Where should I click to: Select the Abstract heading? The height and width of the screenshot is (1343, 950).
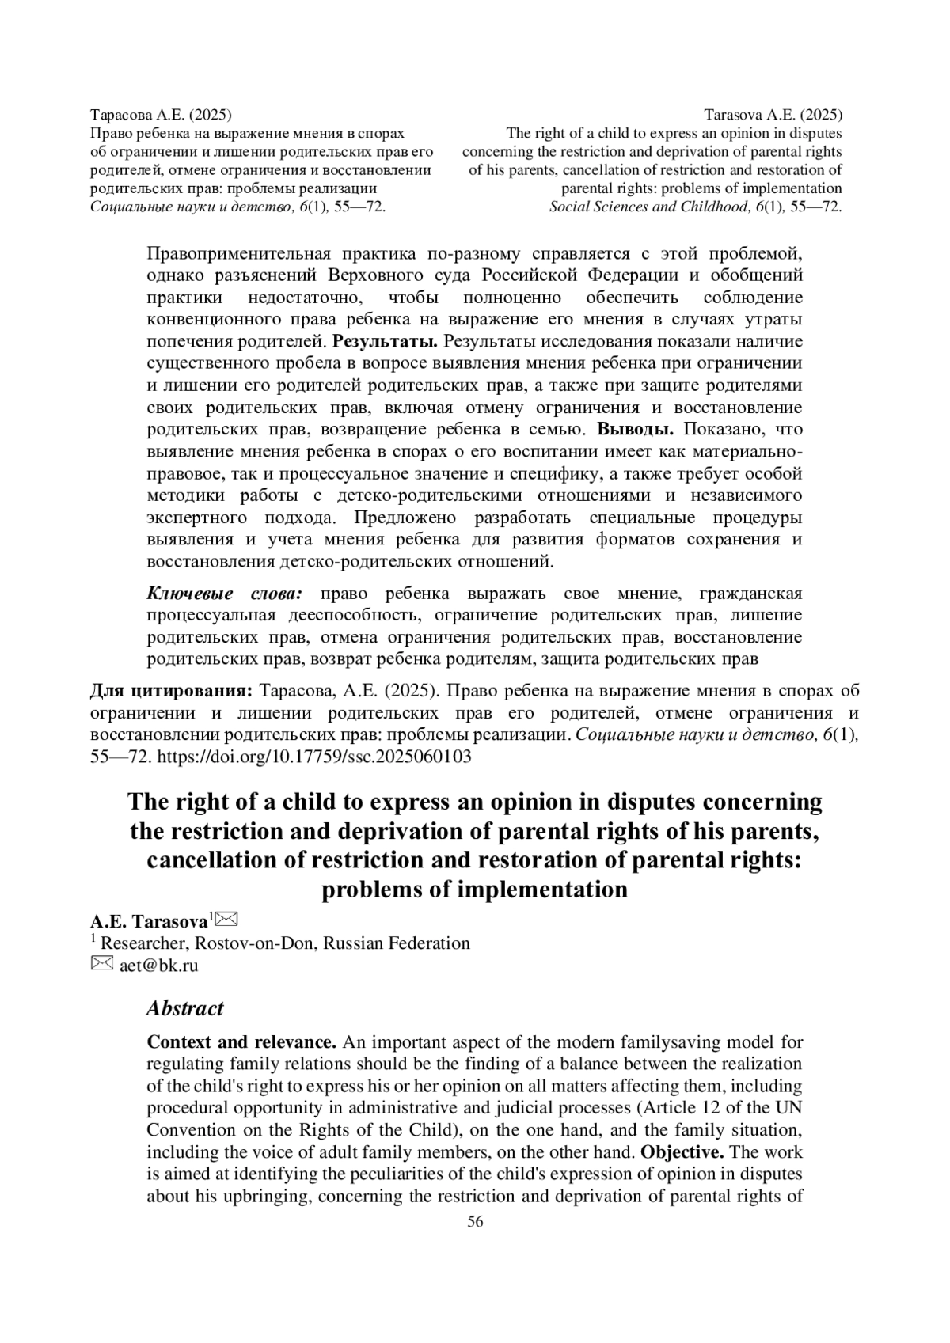point(185,1008)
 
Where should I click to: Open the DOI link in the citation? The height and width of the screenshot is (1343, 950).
point(315,756)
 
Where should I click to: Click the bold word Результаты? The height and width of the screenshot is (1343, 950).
point(386,342)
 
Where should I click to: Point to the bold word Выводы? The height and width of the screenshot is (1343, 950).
point(635,430)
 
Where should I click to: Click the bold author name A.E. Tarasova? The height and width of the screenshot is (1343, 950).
point(149,922)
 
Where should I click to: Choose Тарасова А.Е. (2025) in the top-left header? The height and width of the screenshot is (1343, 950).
point(161,116)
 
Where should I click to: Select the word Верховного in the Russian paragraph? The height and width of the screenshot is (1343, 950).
point(364,275)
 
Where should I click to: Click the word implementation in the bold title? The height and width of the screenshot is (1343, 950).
point(530,890)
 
